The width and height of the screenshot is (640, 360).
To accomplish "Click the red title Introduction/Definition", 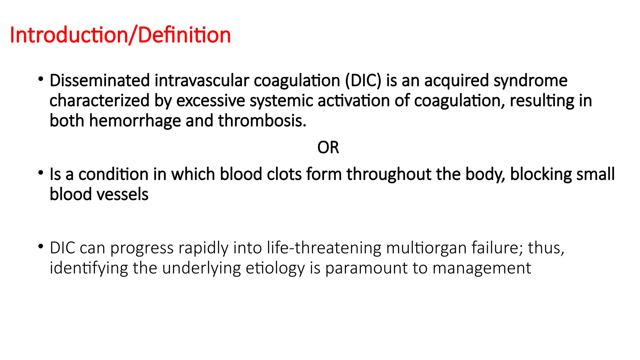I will (x=120, y=35).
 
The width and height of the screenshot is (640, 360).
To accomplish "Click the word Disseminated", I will (x=100, y=81).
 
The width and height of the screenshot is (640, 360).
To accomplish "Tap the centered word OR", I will (x=328, y=147).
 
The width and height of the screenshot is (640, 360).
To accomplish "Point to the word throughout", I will (x=389, y=174).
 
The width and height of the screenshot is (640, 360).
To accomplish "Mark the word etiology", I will (x=275, y=268).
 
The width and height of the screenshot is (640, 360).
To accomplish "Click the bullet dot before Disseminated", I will (x=41, y=79).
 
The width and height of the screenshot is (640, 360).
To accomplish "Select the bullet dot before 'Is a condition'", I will (x=41, y=173).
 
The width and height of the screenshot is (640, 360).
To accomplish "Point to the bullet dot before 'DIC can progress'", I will (x=41, y=247).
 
